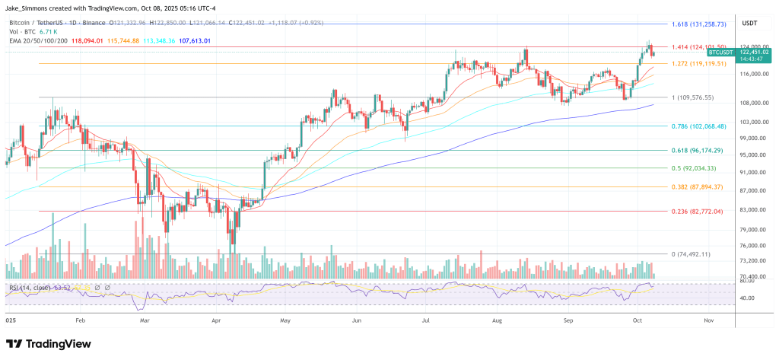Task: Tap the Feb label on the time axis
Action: pyautogui.click(x=81, y=321)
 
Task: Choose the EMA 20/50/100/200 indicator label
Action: pyautogui.click(x=37, y=41)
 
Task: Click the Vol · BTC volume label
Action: pyautogui.click(x=20, y=32)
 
